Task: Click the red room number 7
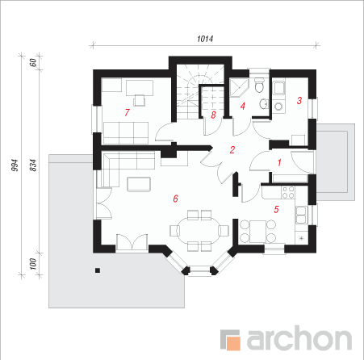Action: [127, 112]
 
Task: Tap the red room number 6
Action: [175, 199]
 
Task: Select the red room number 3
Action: [299, 101]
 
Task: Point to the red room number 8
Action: [213, 115]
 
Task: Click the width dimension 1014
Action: [205, 39]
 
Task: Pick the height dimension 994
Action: [15, 165]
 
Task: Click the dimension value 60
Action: [33, 63]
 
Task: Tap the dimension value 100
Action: [32, 264]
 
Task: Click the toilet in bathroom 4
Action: [259, 85]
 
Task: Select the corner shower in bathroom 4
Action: [238, 86]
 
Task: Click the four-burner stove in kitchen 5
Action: [288, 192]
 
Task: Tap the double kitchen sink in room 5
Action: [301, 215]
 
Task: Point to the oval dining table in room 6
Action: [199, 231]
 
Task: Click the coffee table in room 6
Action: [139, 184]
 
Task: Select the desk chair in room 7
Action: [140, 100]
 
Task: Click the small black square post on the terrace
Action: [98, 270]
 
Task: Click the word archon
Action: [299, 338]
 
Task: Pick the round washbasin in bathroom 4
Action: [264, 104]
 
